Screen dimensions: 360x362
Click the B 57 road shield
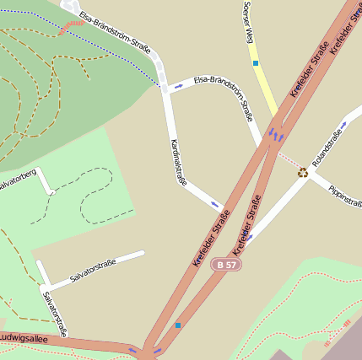224,264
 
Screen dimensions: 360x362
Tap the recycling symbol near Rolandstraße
302,172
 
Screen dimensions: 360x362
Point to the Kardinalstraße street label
178,161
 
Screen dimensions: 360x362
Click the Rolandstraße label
328,148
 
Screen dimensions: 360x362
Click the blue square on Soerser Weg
255,62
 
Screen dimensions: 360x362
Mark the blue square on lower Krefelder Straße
178,325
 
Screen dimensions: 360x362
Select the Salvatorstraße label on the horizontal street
92,271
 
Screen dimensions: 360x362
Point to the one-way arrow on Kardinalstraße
214,203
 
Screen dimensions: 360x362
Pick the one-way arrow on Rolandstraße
249,237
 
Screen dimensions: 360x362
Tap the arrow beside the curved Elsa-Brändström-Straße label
178,86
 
